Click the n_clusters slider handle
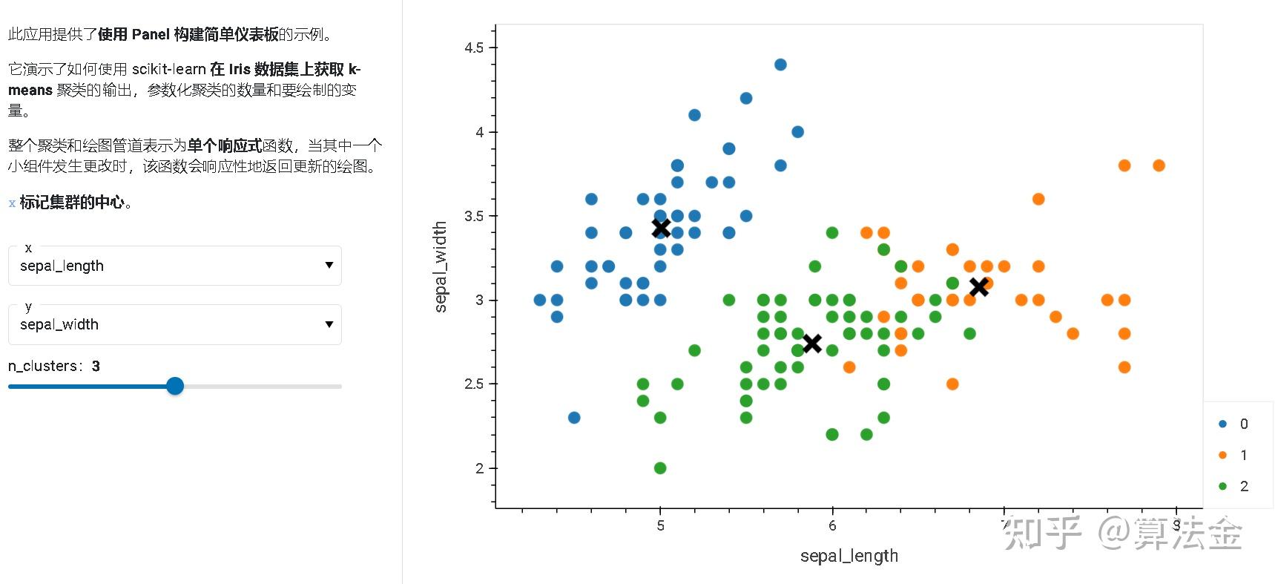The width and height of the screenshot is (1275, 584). (175, 386)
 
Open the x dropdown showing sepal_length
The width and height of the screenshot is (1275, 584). (174, 266)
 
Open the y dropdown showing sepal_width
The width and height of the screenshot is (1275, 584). (174, 324)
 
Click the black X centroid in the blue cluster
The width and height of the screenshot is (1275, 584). (661, 228)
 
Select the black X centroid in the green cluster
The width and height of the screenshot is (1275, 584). (812, 343)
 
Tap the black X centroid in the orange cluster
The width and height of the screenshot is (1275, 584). (979, 286)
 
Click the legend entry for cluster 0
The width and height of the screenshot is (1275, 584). (1233, 424)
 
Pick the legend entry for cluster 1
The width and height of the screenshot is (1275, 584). (1233, 455)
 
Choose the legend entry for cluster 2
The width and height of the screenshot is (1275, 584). (1233, 486)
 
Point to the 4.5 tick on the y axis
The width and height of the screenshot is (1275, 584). (474, 48)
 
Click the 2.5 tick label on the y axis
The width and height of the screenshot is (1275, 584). (474, 384)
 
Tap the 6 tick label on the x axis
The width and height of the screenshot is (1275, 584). (832, 526)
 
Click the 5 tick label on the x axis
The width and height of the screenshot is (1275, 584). (660, 526)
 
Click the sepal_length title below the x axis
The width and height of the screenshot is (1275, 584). (849, 556)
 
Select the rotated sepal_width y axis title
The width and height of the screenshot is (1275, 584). (441, 266)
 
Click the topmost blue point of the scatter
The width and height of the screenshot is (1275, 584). (780, 65)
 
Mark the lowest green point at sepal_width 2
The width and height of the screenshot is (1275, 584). (660, 467)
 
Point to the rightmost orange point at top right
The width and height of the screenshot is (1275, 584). (1159, 165)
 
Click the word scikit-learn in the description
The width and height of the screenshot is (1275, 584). (169, 69)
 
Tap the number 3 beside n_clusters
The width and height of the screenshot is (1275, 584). (96, 366)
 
